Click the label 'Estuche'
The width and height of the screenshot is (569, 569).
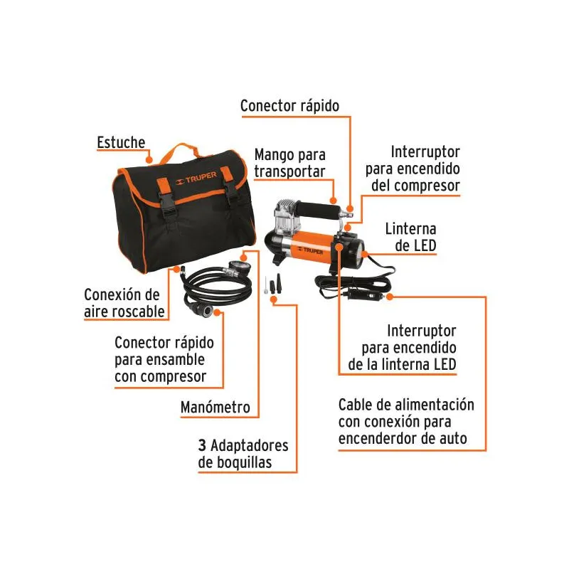tap(121, 142)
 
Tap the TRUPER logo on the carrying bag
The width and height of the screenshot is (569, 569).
tap(196, 178)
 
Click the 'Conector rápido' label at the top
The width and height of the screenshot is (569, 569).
tap(289, 106)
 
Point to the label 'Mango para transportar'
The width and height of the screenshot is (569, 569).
tap(289, 163)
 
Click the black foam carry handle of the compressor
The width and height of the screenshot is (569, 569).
tap(318, 211)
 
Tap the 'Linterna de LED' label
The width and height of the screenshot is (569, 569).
tap(410, 238)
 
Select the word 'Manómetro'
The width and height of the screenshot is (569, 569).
tap(216, 407)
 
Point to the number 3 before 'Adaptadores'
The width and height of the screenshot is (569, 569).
tap(202, 445)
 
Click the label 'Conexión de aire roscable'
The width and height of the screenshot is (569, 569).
tap(124, 303)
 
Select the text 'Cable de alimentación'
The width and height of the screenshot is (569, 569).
tap(406, 405)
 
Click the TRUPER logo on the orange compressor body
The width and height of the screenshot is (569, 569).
tap(310, 250)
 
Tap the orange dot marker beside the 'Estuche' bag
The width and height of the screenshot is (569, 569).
tap(149, 159)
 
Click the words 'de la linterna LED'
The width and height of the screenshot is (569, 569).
tap(402, 364)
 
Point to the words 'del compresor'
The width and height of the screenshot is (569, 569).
tap(415, 186)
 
